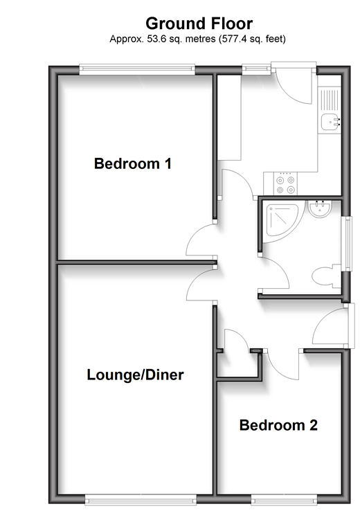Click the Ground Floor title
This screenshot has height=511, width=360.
[x=199, y=24]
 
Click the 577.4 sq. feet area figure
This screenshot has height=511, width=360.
[x=253, y=39]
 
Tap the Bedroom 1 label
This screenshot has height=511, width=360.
[x=133, y=163]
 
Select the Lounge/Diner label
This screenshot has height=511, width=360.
[x=135, y=375]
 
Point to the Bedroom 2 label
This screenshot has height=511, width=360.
[x=278, y=425]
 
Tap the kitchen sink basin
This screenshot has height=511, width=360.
[x=330, y=123]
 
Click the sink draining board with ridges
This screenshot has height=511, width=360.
[x=330, y=100]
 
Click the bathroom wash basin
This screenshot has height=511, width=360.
[x=320, y=208]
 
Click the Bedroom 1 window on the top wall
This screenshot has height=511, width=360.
[x=137, y=69]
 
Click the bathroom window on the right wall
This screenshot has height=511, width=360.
[x=348, y=244]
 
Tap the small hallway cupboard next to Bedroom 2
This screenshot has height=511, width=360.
[x=239, y=364]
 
